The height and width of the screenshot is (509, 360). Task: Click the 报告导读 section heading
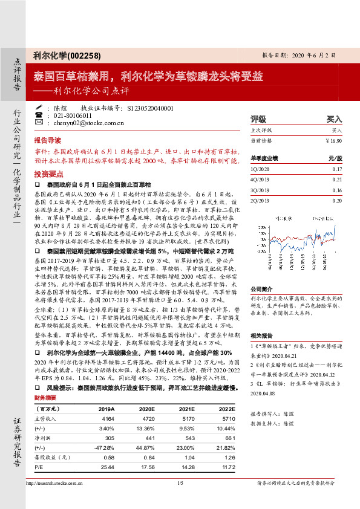point(50,138)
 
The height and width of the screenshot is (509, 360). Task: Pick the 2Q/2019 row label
point(260,199)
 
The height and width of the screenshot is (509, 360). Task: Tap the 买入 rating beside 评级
point(334,119)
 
